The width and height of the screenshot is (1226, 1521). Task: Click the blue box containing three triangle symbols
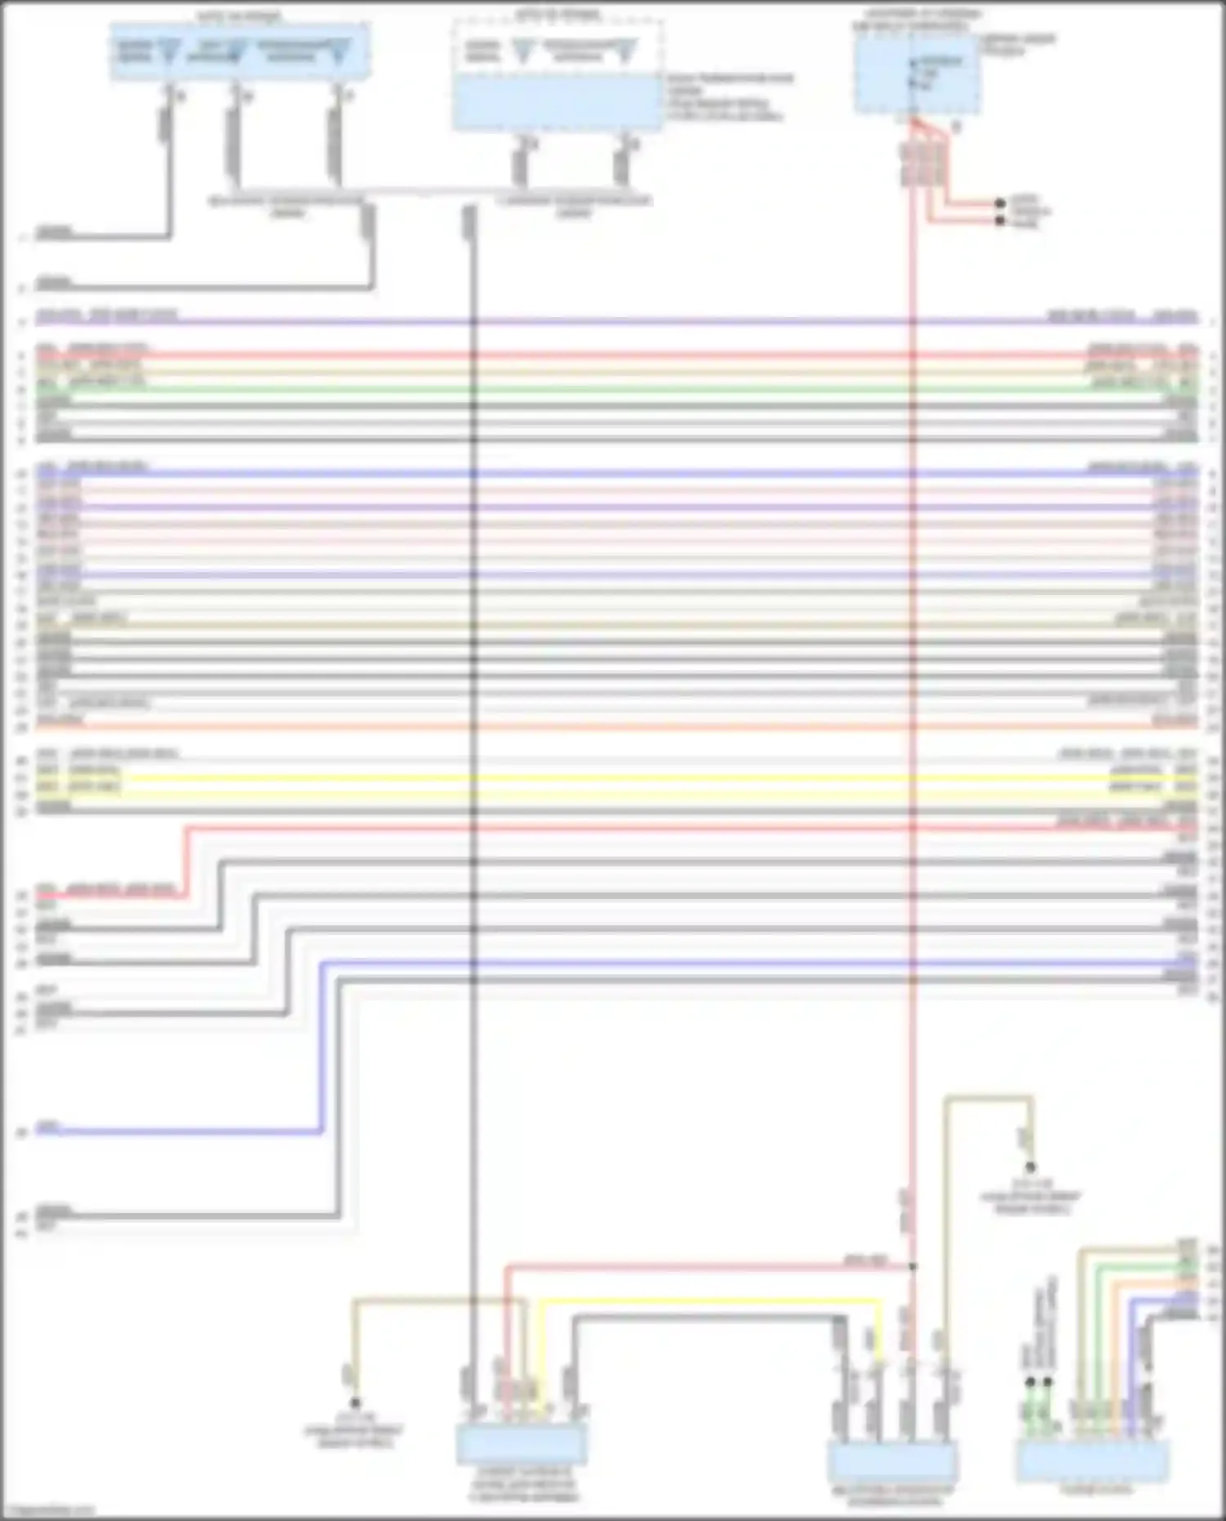coord(239,51)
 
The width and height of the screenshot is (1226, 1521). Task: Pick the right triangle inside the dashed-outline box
coord(626,53)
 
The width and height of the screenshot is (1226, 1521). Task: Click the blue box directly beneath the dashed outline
coord(557,102)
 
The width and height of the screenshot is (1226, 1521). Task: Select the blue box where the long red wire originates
coord(917,75)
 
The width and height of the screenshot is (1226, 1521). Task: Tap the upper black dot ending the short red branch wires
coord(1000,204)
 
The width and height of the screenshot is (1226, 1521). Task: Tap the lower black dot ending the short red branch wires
coord(1000,220)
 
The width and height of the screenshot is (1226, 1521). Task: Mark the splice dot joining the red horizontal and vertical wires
coord(913,1266)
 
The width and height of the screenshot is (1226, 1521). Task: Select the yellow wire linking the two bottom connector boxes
coord(711,1300)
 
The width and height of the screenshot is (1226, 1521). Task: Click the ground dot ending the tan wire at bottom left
coord(356,1402)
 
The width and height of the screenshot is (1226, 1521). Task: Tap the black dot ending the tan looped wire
coord(1031,1167)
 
